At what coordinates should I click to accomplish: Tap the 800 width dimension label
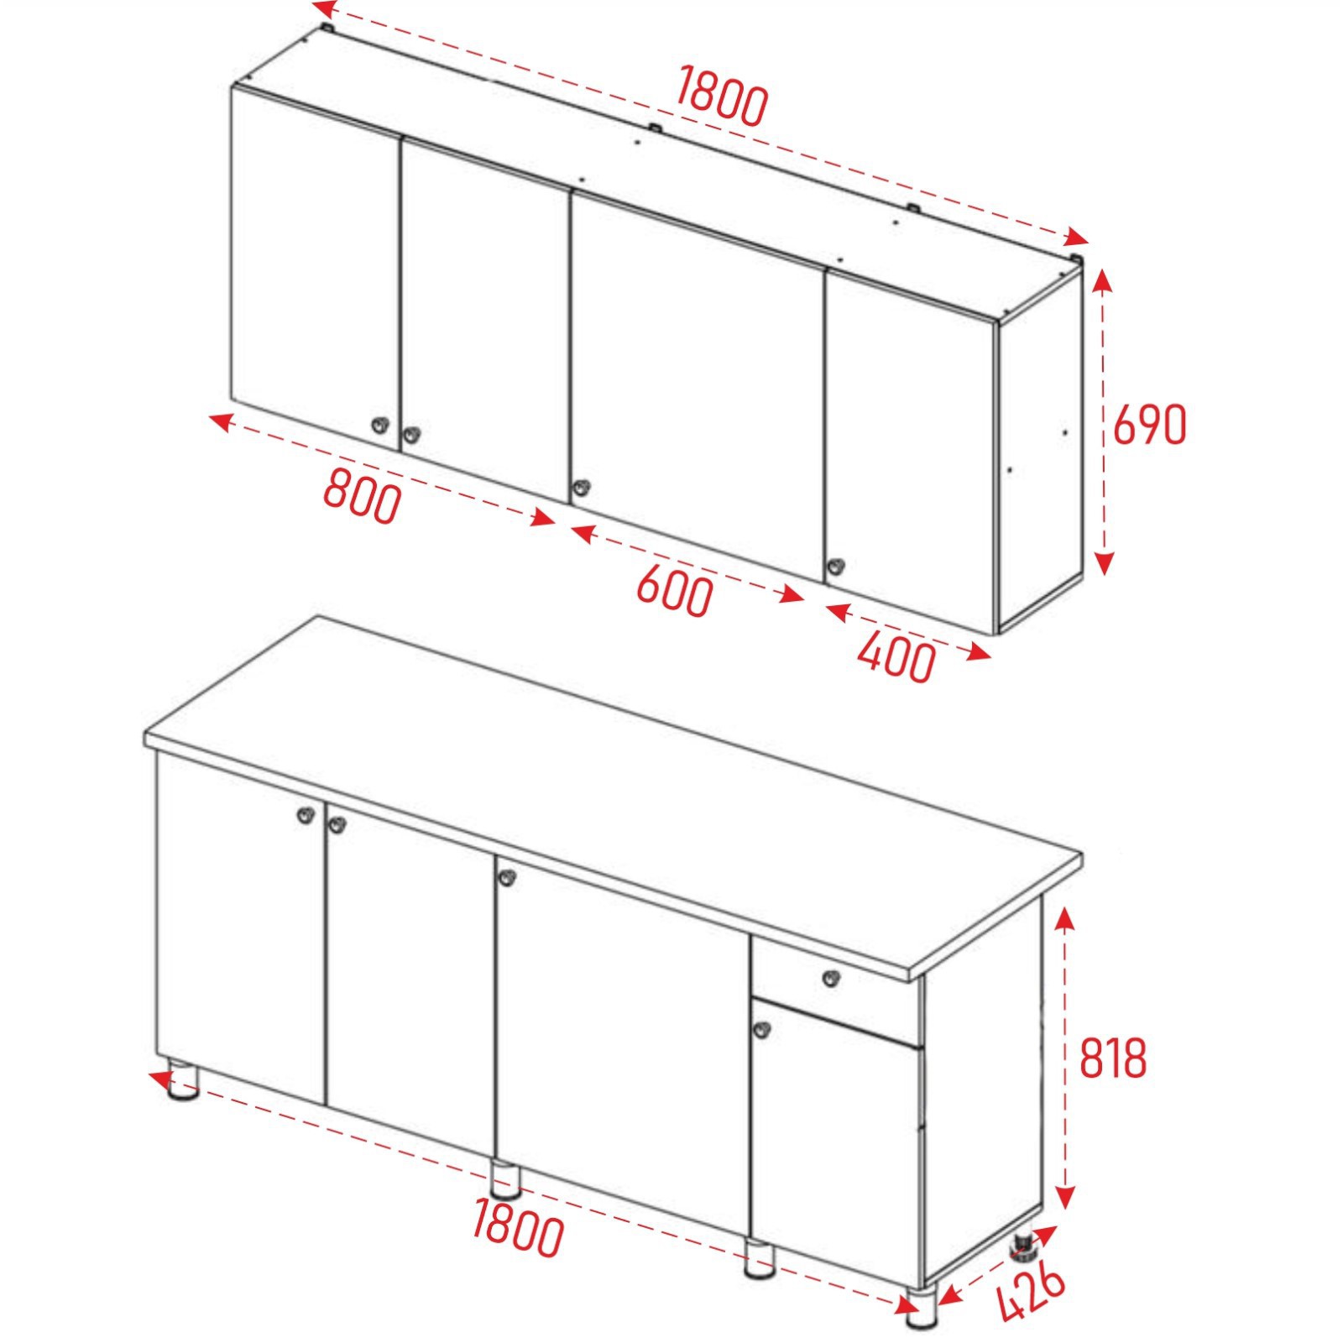[x=363, y=496]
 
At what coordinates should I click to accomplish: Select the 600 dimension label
[x=675, y=590]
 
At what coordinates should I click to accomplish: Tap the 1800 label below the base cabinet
[x=518, y=1226]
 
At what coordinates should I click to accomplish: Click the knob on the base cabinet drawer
[x=830, y=978]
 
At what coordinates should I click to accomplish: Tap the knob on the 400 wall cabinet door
[x=835, y=567]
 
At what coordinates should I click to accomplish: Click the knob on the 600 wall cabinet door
[x=579, y=487]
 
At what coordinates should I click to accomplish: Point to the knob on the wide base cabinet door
[x=506, y=878]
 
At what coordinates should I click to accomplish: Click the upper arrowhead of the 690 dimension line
[x=1103, y=280]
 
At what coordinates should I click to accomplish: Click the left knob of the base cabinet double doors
[x=306, y=814]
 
